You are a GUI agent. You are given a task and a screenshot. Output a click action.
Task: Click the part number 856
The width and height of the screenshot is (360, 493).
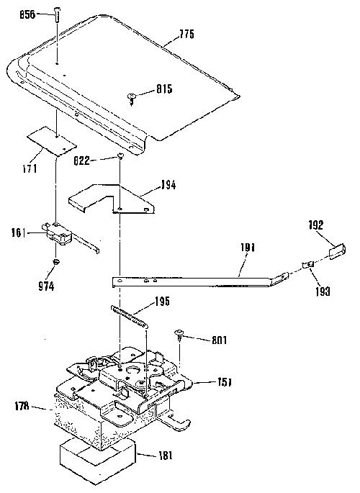(x=27, y=15)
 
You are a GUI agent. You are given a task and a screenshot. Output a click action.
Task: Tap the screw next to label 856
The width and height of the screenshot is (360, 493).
(x=57, y=14)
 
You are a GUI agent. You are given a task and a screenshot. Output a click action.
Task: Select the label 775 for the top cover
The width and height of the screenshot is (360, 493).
(x=186, y=34)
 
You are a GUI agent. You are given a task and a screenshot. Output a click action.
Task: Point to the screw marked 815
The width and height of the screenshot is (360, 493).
(x=132, y=99)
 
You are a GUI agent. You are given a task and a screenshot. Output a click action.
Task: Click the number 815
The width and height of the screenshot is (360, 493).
(x=164, y=89)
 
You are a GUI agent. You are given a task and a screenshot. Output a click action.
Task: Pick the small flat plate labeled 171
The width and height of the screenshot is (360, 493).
(x=52, y=142)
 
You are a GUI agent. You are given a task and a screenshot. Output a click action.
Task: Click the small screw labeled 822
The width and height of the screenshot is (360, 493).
(x=120, y=155)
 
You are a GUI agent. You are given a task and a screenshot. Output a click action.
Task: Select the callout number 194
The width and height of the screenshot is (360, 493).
(x=168, y=185)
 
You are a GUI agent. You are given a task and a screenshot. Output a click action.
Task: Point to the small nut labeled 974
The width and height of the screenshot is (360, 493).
(x=56, y=261)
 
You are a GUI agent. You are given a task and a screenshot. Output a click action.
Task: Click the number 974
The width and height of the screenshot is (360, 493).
(x=46, y=286)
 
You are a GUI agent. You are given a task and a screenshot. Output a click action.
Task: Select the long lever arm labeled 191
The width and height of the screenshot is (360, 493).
(x=201, y=281)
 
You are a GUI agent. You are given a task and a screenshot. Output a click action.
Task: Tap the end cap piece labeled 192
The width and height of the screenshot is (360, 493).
(x=338, y=251)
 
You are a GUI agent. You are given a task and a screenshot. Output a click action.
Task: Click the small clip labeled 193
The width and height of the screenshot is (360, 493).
(x=308, y=265)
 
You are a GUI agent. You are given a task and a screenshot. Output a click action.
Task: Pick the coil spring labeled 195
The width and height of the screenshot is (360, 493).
(x=130, y=317)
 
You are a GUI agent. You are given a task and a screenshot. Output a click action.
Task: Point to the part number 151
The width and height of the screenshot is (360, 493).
(x=224, y=382)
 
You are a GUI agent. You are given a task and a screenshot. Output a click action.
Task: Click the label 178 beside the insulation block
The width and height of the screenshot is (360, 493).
(x=22, y=406)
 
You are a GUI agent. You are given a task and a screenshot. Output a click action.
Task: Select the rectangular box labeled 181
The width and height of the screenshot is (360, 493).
(x=98, y=461)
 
